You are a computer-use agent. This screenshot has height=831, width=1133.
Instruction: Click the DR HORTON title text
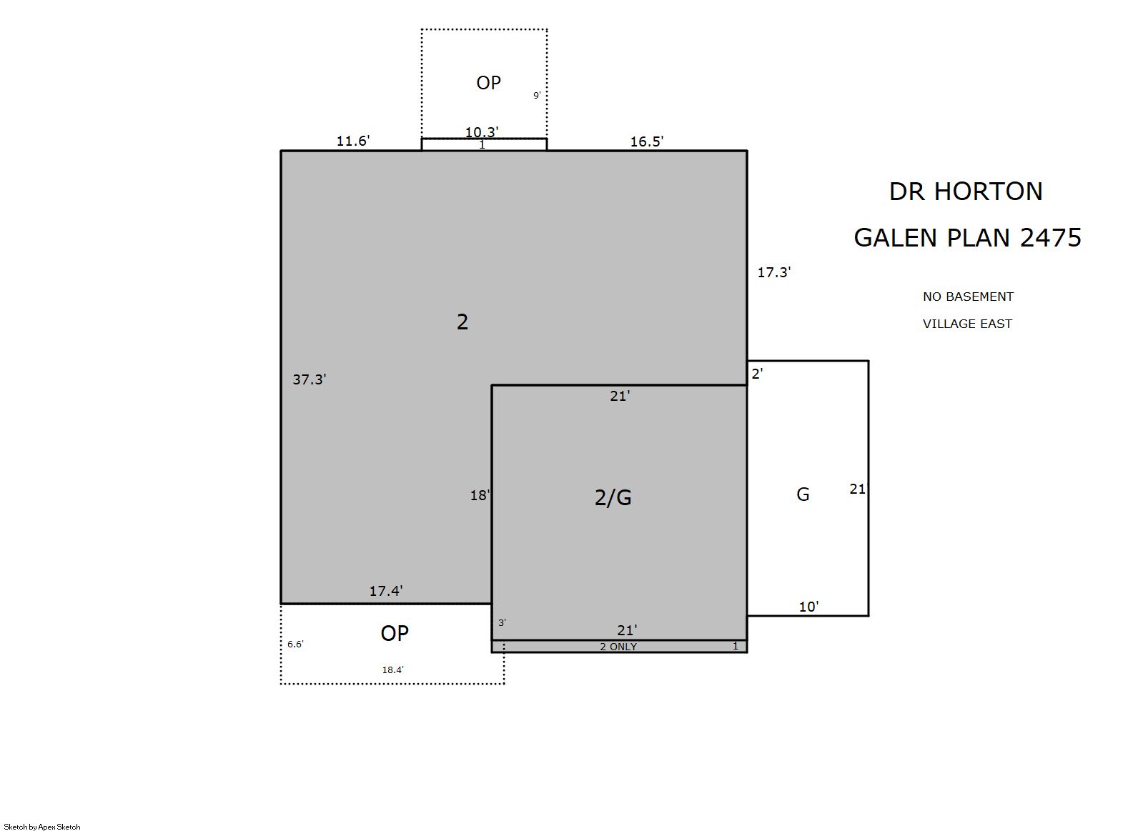click(x=966, y=191)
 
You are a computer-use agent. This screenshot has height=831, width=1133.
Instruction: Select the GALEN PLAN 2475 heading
click(x=968, y=237)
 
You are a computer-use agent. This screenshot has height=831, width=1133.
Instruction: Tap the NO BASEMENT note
click(x=968, y=297)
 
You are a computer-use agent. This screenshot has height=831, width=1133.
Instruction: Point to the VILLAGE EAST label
click(x=968, y=324)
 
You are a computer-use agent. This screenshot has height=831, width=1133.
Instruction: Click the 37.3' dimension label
click(x=309, y=379)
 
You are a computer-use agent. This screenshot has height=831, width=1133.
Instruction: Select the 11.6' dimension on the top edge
click(x=353, y=141)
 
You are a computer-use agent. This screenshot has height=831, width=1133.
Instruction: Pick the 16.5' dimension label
click(x=646, y=141)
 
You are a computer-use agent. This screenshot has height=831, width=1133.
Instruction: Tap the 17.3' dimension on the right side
click(x=774, y=272)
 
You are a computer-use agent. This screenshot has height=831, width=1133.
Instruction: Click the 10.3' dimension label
click(x=482, y=132)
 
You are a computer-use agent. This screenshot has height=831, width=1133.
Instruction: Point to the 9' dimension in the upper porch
click(x=537, y=95)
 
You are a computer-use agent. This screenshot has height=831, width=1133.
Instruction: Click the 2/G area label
click(x=613, y=497)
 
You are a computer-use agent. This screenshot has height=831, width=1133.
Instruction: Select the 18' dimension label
click(x=480, y=495)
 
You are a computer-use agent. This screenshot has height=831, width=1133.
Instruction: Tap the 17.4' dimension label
click(x=386, y=591)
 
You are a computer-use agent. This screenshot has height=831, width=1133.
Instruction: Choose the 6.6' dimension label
click(x=295, y=644)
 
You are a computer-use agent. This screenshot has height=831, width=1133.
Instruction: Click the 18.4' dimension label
click(x=392, y=670)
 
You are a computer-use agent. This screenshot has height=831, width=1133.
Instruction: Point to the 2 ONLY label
click(x=618, y=647)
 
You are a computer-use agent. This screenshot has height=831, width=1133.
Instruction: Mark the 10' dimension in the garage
click(x=808, y=607)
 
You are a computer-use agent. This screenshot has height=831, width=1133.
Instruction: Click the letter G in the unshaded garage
click(x=803, y=494)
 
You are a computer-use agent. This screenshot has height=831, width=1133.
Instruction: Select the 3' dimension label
click(x=503, y=623)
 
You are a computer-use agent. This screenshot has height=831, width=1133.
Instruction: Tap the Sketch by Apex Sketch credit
click(x=42, y=827)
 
